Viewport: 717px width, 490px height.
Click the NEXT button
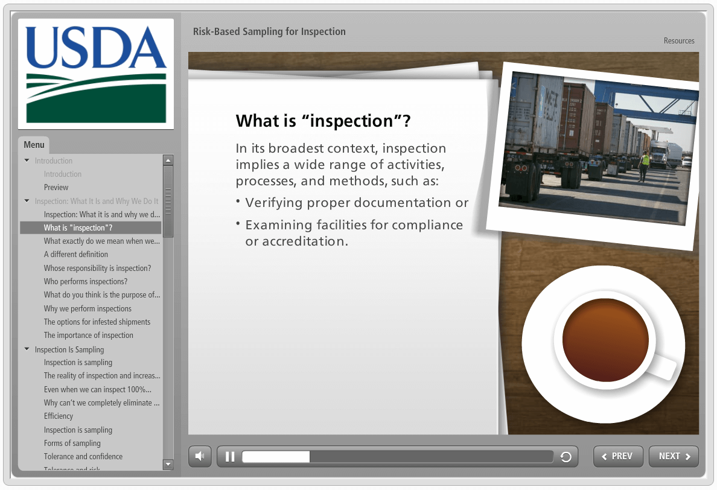coord(674,456)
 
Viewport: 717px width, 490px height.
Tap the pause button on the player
coord(230,457)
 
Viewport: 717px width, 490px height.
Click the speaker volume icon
coord(200,456)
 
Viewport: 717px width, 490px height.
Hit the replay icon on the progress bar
coord(566,457)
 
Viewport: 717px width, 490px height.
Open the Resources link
coord(679,40)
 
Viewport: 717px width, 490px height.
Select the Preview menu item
coord(56,188)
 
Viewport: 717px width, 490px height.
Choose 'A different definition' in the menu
coord(76,254)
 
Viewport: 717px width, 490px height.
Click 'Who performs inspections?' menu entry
coord(86,282)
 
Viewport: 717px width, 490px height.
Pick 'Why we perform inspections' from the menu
coord(88,308)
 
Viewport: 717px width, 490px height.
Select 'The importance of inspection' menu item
coord(88,335)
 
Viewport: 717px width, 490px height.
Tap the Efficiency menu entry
coord(58,416)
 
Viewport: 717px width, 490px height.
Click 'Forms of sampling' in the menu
coord(72,443)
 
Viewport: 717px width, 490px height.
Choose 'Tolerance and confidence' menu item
coord(83,456)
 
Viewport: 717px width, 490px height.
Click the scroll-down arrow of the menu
coord(168,465)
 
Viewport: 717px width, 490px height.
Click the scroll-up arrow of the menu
coord(168,160)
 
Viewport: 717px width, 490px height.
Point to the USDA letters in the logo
coord(96,48)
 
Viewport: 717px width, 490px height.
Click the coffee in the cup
coord(605,340)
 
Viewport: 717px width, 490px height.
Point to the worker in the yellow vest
coord(645,165)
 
